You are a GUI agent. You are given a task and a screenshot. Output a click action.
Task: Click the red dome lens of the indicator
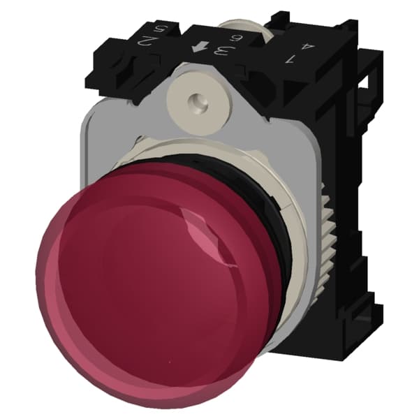pos(140,279)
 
